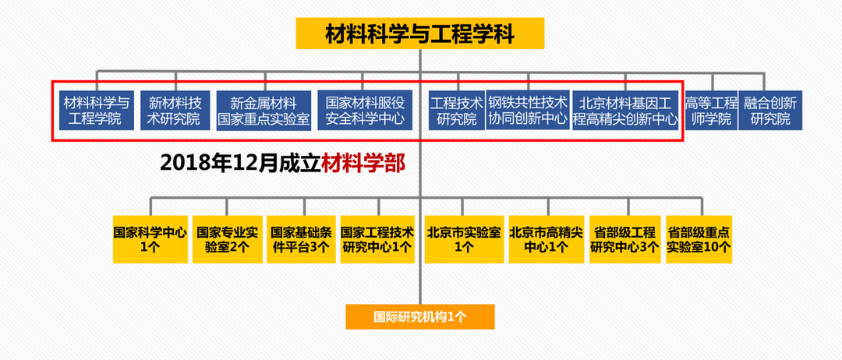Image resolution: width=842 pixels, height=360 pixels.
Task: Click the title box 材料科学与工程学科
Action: [419, 34]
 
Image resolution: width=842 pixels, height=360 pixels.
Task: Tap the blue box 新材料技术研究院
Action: [175, 111]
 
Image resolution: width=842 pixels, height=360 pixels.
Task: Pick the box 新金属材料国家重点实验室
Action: [264, 111]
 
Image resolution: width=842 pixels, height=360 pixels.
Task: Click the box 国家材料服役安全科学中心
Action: [364, 111]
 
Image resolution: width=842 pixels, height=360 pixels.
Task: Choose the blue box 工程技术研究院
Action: [456, 111]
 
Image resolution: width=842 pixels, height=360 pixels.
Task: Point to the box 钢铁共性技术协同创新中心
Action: [528, 111]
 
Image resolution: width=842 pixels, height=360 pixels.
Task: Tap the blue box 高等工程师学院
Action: [709, 111]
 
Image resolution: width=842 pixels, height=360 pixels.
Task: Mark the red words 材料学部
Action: [363, 163]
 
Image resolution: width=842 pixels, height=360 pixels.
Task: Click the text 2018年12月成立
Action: [240, 163]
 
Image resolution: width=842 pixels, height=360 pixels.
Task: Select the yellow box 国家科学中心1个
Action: [150, 239]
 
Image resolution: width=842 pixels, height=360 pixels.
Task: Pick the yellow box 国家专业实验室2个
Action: [227, 239]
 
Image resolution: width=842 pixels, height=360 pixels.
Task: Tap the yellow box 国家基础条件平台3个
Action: [301, 239]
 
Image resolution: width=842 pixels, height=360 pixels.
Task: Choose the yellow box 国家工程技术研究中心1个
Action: [377, 239]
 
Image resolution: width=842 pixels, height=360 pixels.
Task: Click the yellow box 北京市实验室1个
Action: [463, 239]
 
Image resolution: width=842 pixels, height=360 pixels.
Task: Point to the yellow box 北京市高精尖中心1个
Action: [546, 239]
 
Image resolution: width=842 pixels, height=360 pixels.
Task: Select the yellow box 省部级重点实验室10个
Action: [699, 239]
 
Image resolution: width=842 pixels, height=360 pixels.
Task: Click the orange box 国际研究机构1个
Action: [419, 316]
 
